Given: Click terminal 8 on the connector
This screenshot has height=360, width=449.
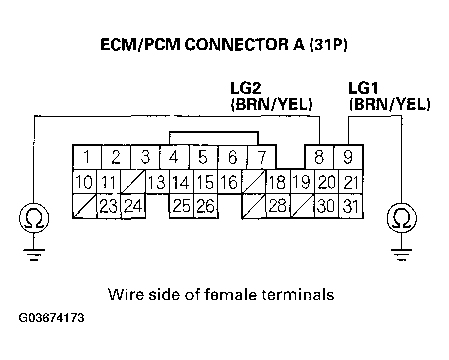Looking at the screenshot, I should coord(319,158).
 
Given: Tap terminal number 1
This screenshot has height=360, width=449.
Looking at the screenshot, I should coord(87,158).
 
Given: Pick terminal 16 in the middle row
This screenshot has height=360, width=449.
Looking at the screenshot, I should coord(229,182).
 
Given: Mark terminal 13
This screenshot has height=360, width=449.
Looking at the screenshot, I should coord(157,182).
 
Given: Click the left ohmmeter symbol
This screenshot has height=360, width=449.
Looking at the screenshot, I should coord(34,219).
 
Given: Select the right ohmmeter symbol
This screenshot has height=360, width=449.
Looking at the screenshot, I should coord(400,219).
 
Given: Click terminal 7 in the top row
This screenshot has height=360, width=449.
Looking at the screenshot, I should coord(261,158).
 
